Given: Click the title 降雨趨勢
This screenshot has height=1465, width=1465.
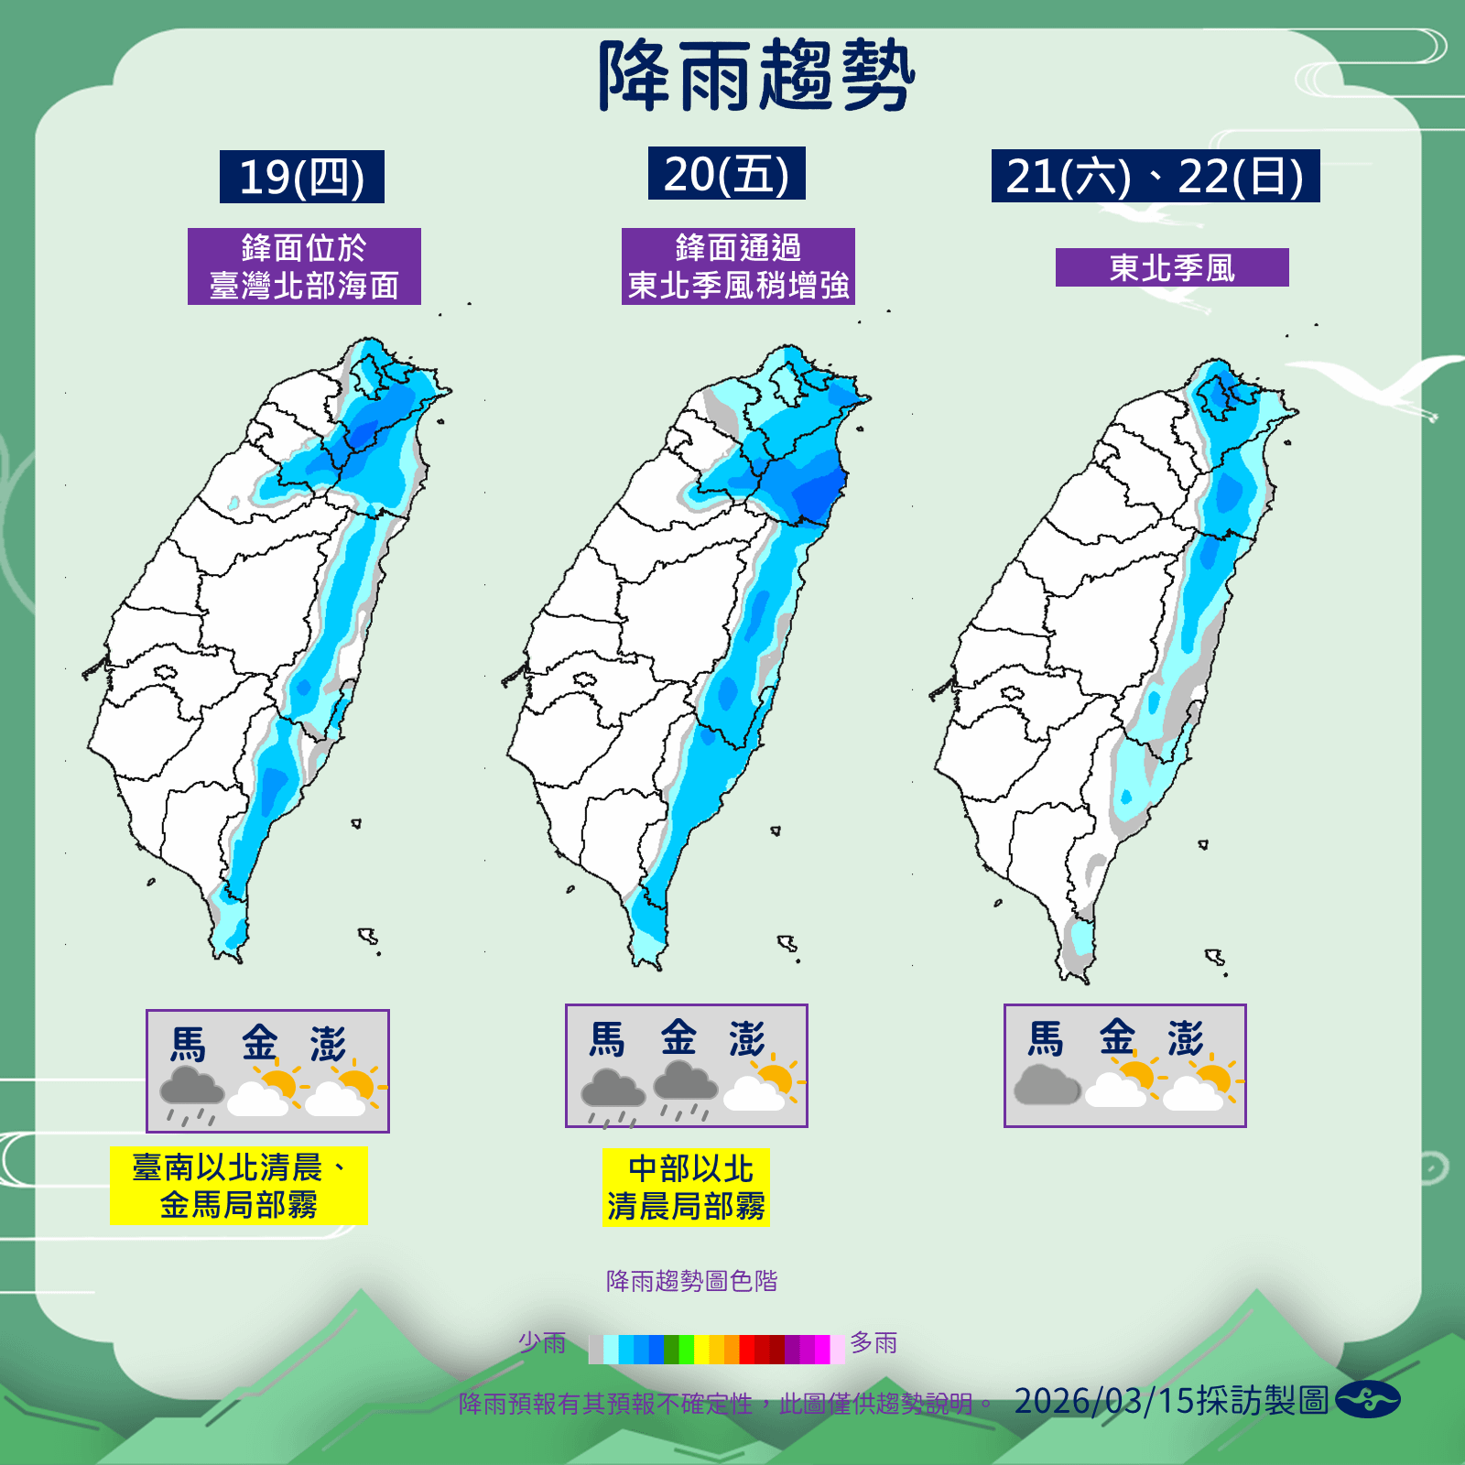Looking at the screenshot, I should pyautogui.click(x=756, y=77).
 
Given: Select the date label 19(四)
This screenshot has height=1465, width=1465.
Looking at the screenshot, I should pyautogui.click(x=301, y=177).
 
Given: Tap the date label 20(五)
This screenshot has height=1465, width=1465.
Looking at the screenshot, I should pyautogui.click(x=726, y=174).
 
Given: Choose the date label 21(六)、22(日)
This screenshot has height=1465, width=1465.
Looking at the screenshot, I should pyautogui.click(x=1155, y=176).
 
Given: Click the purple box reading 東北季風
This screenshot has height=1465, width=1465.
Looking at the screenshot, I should pyautogui.click(x=1172, y=267).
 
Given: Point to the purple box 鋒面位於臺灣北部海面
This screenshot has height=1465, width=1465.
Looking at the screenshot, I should pyautogui.click(x=304, y=266).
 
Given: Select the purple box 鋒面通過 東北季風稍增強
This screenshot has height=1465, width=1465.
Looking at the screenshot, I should pyautogui.click(x=738, y=266).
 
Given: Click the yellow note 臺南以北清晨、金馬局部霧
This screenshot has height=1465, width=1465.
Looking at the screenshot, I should pyautogui.click(x=238, y=1186).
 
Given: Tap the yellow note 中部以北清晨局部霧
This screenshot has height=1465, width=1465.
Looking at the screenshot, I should pyautogui.click(x=686, y=1188).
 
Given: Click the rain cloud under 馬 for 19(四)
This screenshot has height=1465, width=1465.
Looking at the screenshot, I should pyautogui.click(x=191, y=1093).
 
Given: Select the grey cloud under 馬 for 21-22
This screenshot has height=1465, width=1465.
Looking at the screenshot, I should pyautogui.click(x=1047, y=1084).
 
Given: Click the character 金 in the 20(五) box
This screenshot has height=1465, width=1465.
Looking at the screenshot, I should pyautogui.click(x=678, y=1037).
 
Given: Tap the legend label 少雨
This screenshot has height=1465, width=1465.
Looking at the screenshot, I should pyautogui.click(x=542, y=1343).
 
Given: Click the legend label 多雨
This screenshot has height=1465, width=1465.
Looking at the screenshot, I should pyautogui.click(x=874, y=1343).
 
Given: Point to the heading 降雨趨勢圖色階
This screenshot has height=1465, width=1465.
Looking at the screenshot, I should pyautogui.click(x=691, y=1281).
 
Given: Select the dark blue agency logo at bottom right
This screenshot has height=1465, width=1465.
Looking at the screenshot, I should pyautogui.click(x=1367, y=1400).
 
